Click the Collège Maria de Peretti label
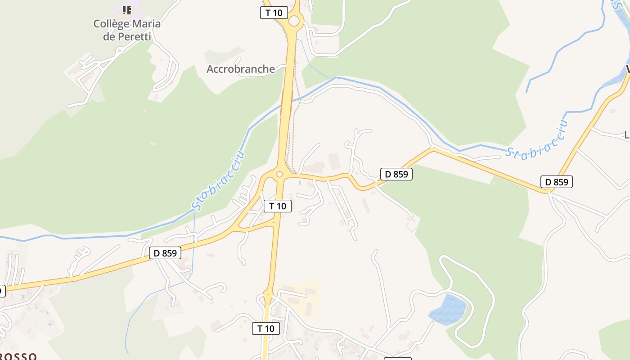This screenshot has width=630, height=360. pos(127,30)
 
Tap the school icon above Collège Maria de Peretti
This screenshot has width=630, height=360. pos(127,10)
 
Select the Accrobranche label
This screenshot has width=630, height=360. pos(241,69)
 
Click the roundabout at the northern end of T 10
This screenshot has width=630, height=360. pos(294,21)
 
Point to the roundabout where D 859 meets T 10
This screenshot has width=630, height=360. pos(279,174)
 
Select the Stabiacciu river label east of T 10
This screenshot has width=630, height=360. pos(535,140)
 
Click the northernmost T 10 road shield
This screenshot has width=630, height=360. pos(274,13)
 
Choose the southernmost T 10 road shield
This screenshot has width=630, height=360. pos(266,328)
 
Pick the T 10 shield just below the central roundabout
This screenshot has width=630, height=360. pos(278,206)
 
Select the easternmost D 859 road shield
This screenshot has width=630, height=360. pos(557,182)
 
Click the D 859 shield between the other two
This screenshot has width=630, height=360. pos(396,174)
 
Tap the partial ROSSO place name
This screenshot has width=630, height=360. pos(18,356)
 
